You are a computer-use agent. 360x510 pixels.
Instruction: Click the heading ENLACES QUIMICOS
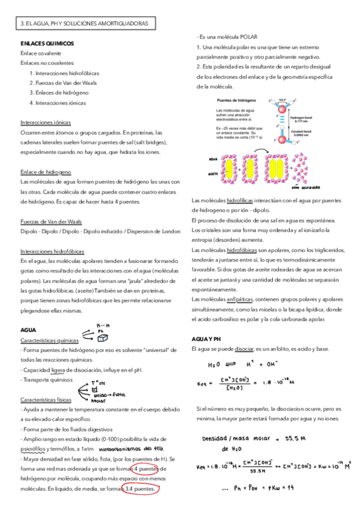47,43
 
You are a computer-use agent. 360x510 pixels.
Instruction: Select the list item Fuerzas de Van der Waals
63,82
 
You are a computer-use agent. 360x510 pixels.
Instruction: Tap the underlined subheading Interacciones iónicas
45,121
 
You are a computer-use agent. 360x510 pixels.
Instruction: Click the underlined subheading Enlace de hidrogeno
45,171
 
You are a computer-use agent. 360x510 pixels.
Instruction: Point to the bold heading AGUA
28,330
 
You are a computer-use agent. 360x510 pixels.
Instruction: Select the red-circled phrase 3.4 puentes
139,489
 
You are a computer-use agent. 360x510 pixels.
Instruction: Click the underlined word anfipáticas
240,299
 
